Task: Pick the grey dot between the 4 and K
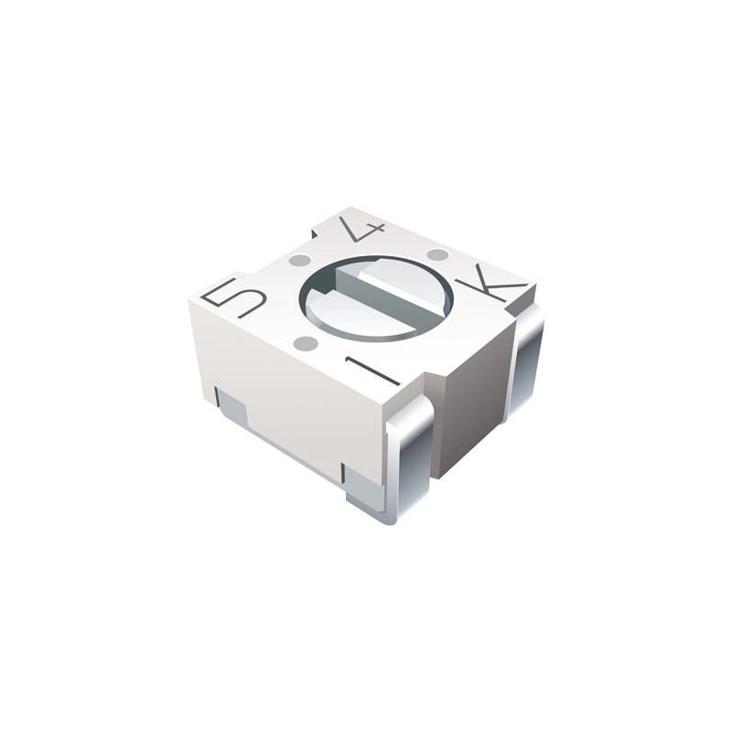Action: click(x=437, y=254)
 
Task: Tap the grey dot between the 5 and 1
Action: click(x=307, y=344)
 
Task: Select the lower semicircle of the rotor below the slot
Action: click(x=357, y=316)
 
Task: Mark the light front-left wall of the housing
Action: click(x=284, y=384)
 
